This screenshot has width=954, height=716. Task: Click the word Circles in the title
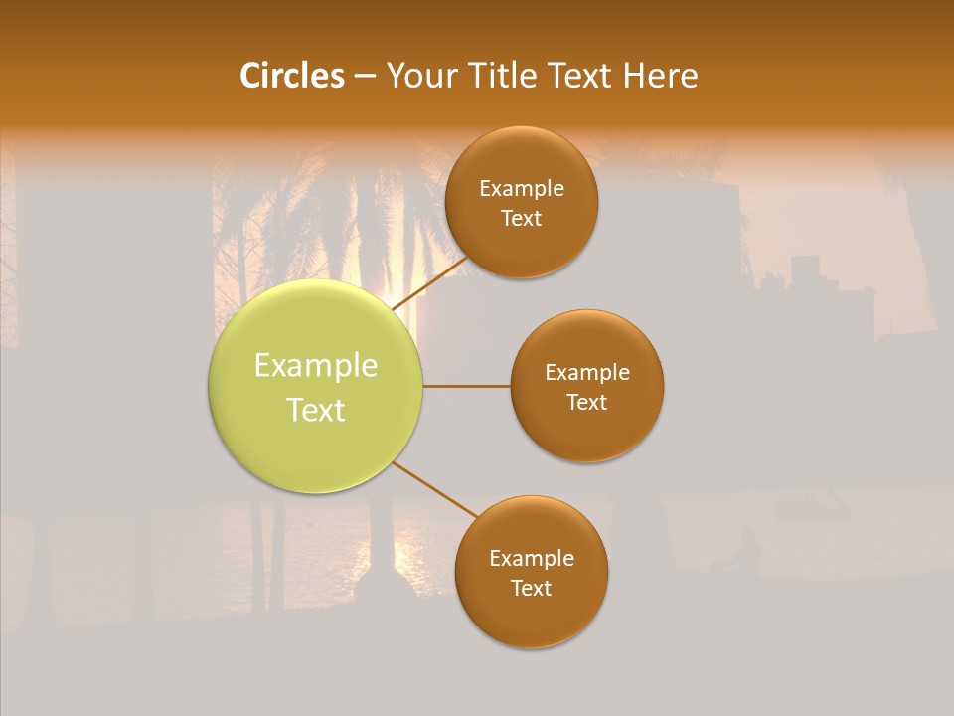291,76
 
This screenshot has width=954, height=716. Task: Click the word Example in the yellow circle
316,366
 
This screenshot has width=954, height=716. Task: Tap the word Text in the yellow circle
316,410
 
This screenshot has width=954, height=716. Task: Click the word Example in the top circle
522,189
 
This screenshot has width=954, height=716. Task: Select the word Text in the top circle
522,219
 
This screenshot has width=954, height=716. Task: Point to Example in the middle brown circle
587,373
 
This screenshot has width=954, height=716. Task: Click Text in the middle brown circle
587,403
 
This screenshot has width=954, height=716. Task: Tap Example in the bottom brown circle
532,559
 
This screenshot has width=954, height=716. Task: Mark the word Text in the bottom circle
532,589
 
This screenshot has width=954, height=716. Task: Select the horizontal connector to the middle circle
467,386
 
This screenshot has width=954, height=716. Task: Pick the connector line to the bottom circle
435,489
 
